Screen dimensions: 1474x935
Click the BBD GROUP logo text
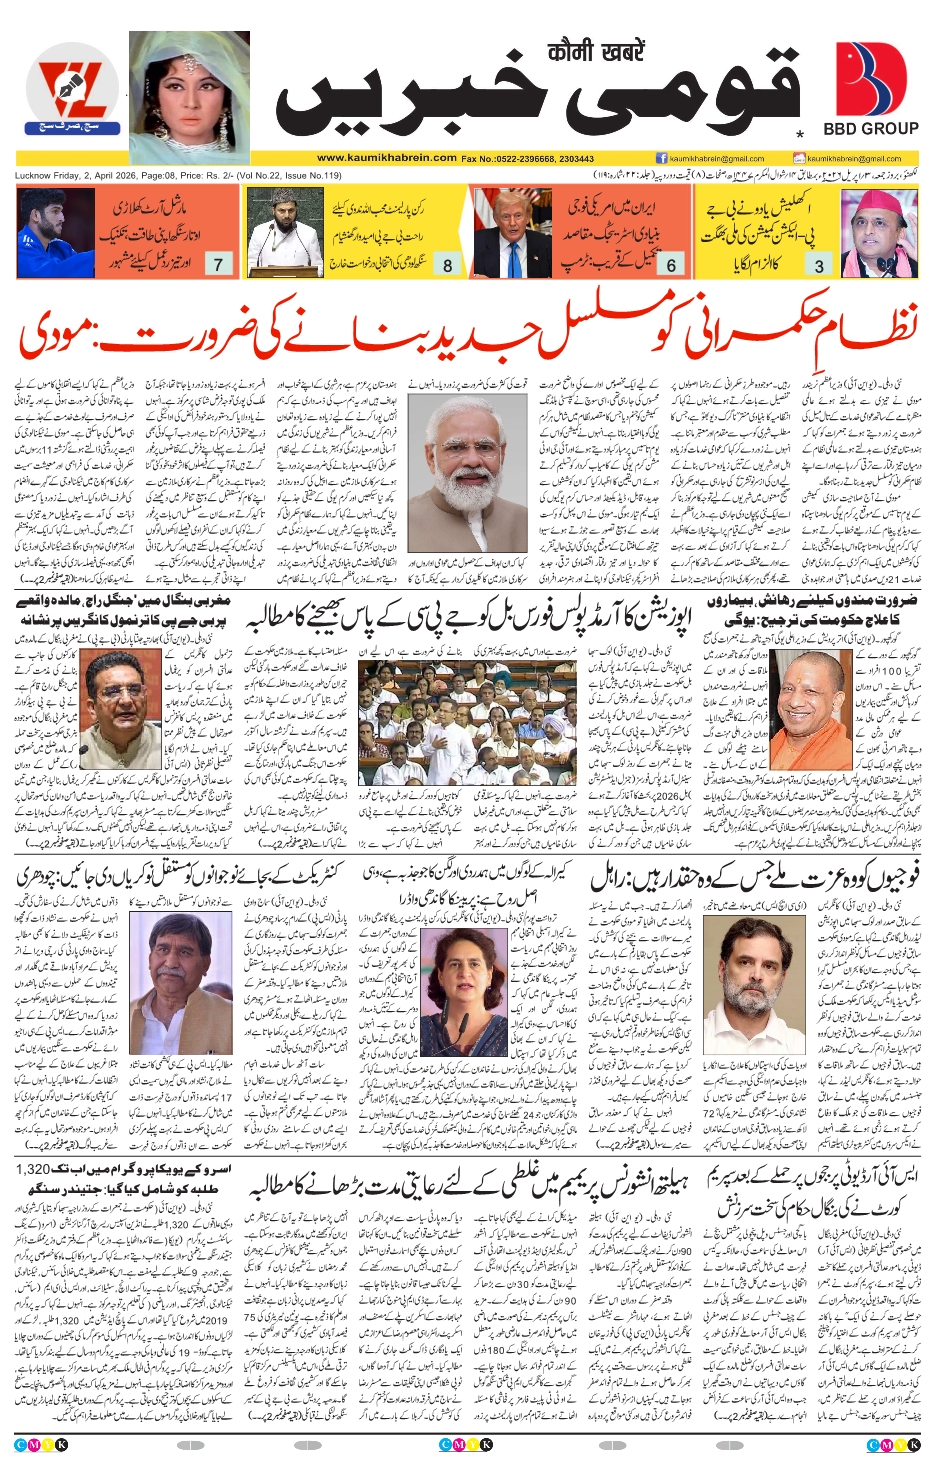[870, 129]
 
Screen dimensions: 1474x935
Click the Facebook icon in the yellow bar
[661, 158]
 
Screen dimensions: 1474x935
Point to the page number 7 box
[218, 264]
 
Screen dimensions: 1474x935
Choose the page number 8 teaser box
[447, 265]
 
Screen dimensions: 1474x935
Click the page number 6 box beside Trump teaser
[671, 265]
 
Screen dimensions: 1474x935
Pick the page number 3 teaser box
[819, 265]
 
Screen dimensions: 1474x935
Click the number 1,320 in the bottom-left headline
[34, 1170]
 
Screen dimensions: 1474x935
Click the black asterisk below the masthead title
[799, 134]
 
